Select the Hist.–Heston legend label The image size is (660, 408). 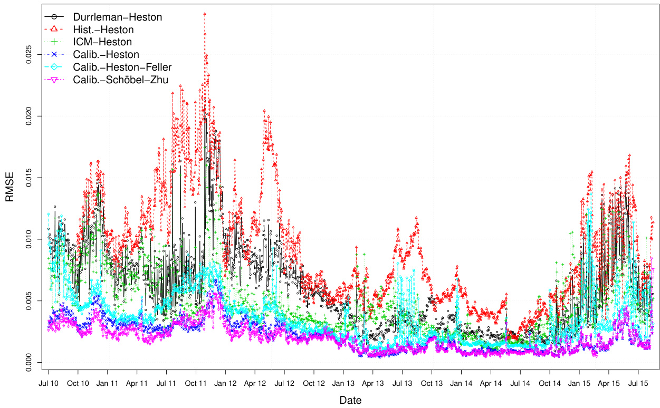103,30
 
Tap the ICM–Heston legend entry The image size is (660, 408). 102,42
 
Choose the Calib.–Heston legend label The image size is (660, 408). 106,54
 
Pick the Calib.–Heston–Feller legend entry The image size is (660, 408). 122,67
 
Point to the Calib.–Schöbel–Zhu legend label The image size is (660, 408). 121,80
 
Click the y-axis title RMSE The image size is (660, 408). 10,187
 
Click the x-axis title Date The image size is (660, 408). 350,401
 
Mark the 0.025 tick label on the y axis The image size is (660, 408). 30,54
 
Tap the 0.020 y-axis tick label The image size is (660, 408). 30,115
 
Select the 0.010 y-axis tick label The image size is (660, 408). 30,239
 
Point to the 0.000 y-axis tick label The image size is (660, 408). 30,362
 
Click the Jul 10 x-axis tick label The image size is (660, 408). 49,382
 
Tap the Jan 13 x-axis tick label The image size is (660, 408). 343,382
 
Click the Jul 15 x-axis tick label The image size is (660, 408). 638,382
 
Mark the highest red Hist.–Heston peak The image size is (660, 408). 204,14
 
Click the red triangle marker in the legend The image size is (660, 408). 54,30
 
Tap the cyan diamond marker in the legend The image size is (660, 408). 54,67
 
